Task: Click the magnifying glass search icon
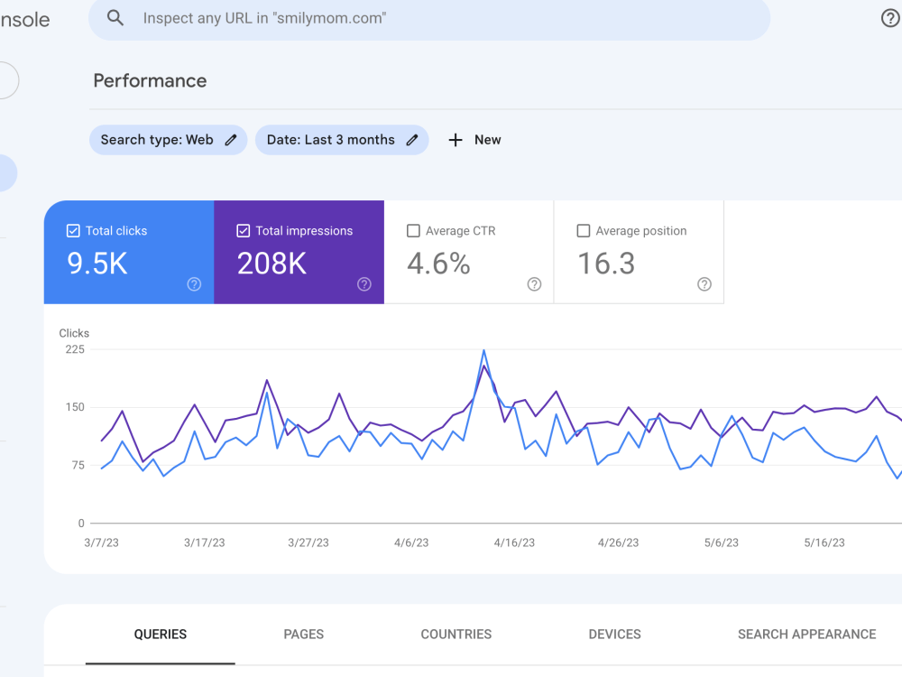[115, 18]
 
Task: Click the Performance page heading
[150, 80]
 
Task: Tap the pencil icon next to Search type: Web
[231, 140]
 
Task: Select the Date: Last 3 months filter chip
[342, 140]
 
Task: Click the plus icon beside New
[455, 140]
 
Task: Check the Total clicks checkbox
[73, 231]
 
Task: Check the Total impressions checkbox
[244, 231]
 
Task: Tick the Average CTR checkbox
[413, 231]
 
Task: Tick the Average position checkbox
[584, 231]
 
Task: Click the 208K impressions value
[272, 264]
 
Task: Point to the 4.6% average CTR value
[438, 264]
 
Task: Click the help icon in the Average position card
[704, 283]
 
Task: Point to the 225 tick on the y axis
[75, 349]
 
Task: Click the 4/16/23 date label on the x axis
[514, 543]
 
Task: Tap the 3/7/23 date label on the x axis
[101, 543]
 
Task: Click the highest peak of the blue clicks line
[483, 350]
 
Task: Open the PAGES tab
[304, 635]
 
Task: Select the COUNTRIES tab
[456, 635]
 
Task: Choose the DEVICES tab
[614, 635]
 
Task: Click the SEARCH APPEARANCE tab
[806, 635]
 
